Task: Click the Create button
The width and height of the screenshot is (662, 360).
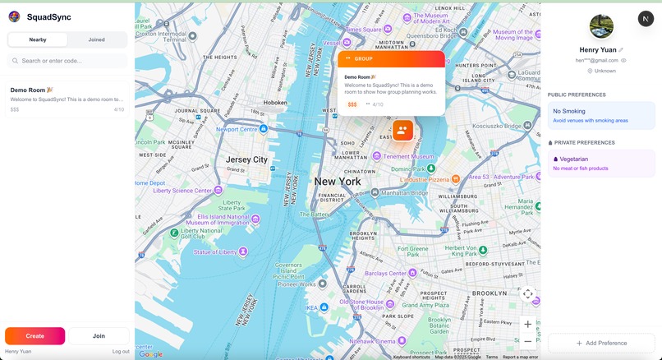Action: click(34, 335)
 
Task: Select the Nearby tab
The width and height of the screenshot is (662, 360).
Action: click(38, 39)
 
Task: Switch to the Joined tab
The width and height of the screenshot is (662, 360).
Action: click(97, 39)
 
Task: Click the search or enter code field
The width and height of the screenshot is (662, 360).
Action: click(67, 61)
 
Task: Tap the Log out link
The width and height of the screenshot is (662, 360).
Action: click(121, 351)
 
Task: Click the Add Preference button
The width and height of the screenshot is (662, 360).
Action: click(601, 343)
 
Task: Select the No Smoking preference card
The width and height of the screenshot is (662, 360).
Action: click(601, 115)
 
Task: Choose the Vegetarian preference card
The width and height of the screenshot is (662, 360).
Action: click(601, 163)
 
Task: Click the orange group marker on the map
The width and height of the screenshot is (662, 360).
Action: click(402, 130)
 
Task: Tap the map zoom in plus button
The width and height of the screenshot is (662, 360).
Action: click(527, 324)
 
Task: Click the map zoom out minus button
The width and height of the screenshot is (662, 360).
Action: click(527, 341)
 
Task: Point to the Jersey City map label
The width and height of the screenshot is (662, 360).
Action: click(247, 159)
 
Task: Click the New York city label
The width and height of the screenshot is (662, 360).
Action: click(338, 181)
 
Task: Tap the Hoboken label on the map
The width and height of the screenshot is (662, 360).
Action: click(275, 103)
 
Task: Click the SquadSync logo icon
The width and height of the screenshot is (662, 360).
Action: click(14, 16)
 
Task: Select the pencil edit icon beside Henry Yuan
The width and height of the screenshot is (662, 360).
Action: click(621, 50)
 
